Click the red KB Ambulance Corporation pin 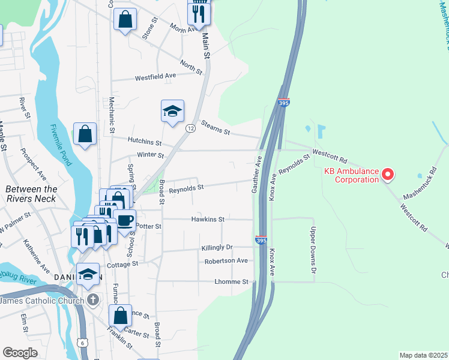click(388, 175)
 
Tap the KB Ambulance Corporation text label click(352, 175)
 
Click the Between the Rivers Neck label click(31, 193)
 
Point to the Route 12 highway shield click(190, 128)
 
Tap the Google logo click(20, 353)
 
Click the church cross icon click(92, 299)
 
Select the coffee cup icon click(125, 220)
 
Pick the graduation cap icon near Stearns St click(172, 111)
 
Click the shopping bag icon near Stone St click(125, 20)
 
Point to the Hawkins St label click(208, 220)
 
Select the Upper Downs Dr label click(313, 249)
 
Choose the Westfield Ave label click(155, 77)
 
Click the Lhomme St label click(231, 281)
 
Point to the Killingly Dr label click(217, 247)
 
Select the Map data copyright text click(423, 355)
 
